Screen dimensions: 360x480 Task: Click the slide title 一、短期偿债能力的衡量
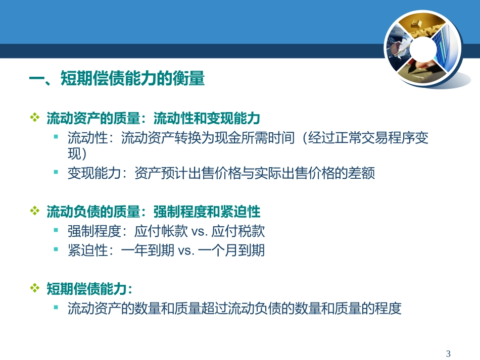(117, 79)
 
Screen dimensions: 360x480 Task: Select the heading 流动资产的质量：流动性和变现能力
(153, 118)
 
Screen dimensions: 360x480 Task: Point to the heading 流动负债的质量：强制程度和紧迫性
(153, 211)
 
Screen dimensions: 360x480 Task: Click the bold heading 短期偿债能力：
(89, 288)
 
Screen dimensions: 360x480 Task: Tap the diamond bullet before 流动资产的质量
(35, 118)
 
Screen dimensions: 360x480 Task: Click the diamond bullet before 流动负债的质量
(35, 211)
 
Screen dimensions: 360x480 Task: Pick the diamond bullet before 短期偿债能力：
(35, 288)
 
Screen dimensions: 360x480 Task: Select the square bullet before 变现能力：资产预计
(57, 172)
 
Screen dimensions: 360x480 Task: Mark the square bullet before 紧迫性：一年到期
(57, 249)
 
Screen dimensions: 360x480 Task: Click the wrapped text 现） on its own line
(78, 154)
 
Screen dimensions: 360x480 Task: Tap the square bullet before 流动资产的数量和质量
(57, 307)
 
